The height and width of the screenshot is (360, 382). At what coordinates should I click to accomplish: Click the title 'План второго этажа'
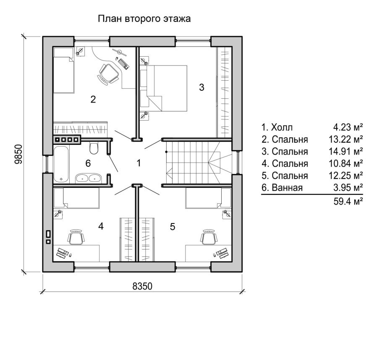(144, 19)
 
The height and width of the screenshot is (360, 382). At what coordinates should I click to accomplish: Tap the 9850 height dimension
(18, 154)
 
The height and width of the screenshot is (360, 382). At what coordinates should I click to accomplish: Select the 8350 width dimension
(142, 286)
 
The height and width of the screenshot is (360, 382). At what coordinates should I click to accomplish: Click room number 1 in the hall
(139, 163)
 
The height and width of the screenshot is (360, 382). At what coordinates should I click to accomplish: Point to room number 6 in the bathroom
(88, 163)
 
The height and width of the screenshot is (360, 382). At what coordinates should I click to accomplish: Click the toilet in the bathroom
(94, 148)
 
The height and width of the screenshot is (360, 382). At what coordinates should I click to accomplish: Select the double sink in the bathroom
(88, 178)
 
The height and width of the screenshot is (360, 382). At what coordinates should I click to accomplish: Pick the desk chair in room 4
(76, 236)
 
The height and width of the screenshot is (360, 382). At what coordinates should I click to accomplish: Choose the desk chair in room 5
(209, 236)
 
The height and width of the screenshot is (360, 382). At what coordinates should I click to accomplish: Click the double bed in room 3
(163, 88)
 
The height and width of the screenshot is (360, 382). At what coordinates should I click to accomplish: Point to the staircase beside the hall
(199, 162)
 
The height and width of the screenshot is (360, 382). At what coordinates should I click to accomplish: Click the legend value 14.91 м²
(346, 151)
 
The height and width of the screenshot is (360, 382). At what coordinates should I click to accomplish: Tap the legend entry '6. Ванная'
(282, 188)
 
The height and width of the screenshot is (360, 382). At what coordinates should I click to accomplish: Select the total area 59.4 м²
(348, 201)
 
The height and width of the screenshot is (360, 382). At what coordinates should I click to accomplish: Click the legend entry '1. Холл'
(277, 127)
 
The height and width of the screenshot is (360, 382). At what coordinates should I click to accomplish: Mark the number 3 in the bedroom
(201, 87)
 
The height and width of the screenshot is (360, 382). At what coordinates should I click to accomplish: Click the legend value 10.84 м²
(346, 163)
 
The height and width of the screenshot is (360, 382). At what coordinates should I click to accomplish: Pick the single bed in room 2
(63, 71)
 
